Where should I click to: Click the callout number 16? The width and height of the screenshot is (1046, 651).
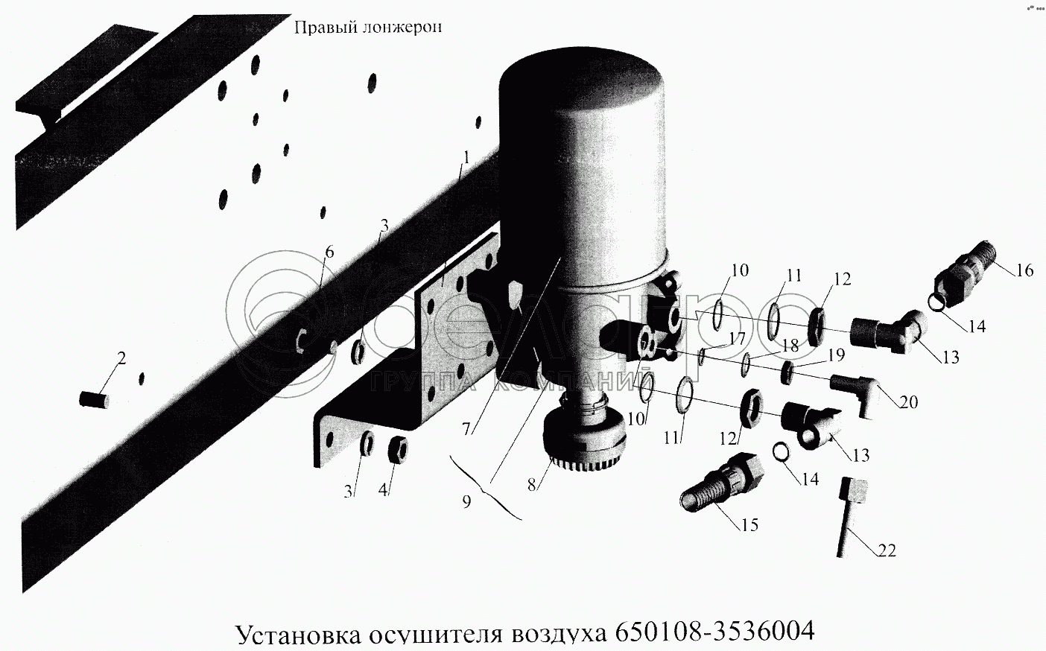[x=1024, y=271]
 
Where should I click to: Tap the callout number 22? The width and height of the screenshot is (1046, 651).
[x=887, y=551]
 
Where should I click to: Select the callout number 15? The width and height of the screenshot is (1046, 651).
[x=749, y=525]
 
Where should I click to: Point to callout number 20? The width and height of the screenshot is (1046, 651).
[x=908, y=401]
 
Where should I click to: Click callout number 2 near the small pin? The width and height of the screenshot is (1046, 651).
[x=121, y=359]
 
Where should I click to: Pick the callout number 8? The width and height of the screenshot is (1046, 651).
[x=531, y=485]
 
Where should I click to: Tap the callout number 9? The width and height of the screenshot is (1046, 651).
[x=466, y=501]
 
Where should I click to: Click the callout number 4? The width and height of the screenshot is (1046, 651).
[x=383, y=490]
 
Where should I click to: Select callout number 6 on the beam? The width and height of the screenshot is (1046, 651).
[x=330, y=253]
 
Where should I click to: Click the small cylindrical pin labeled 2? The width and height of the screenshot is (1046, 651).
[x=94, y=400]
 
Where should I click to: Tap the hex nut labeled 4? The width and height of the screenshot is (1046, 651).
[x=398, y=449]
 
